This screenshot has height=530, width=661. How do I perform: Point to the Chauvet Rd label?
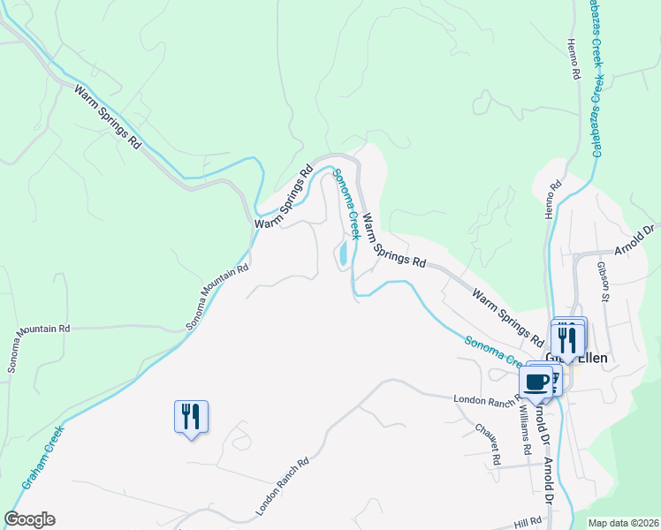point(488,438)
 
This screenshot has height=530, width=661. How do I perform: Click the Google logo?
point(29,519)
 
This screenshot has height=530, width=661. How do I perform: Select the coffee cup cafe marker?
point(536,382)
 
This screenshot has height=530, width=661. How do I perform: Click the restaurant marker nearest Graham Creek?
point(191,416)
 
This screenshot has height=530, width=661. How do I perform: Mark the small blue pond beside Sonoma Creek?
point(340,254)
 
